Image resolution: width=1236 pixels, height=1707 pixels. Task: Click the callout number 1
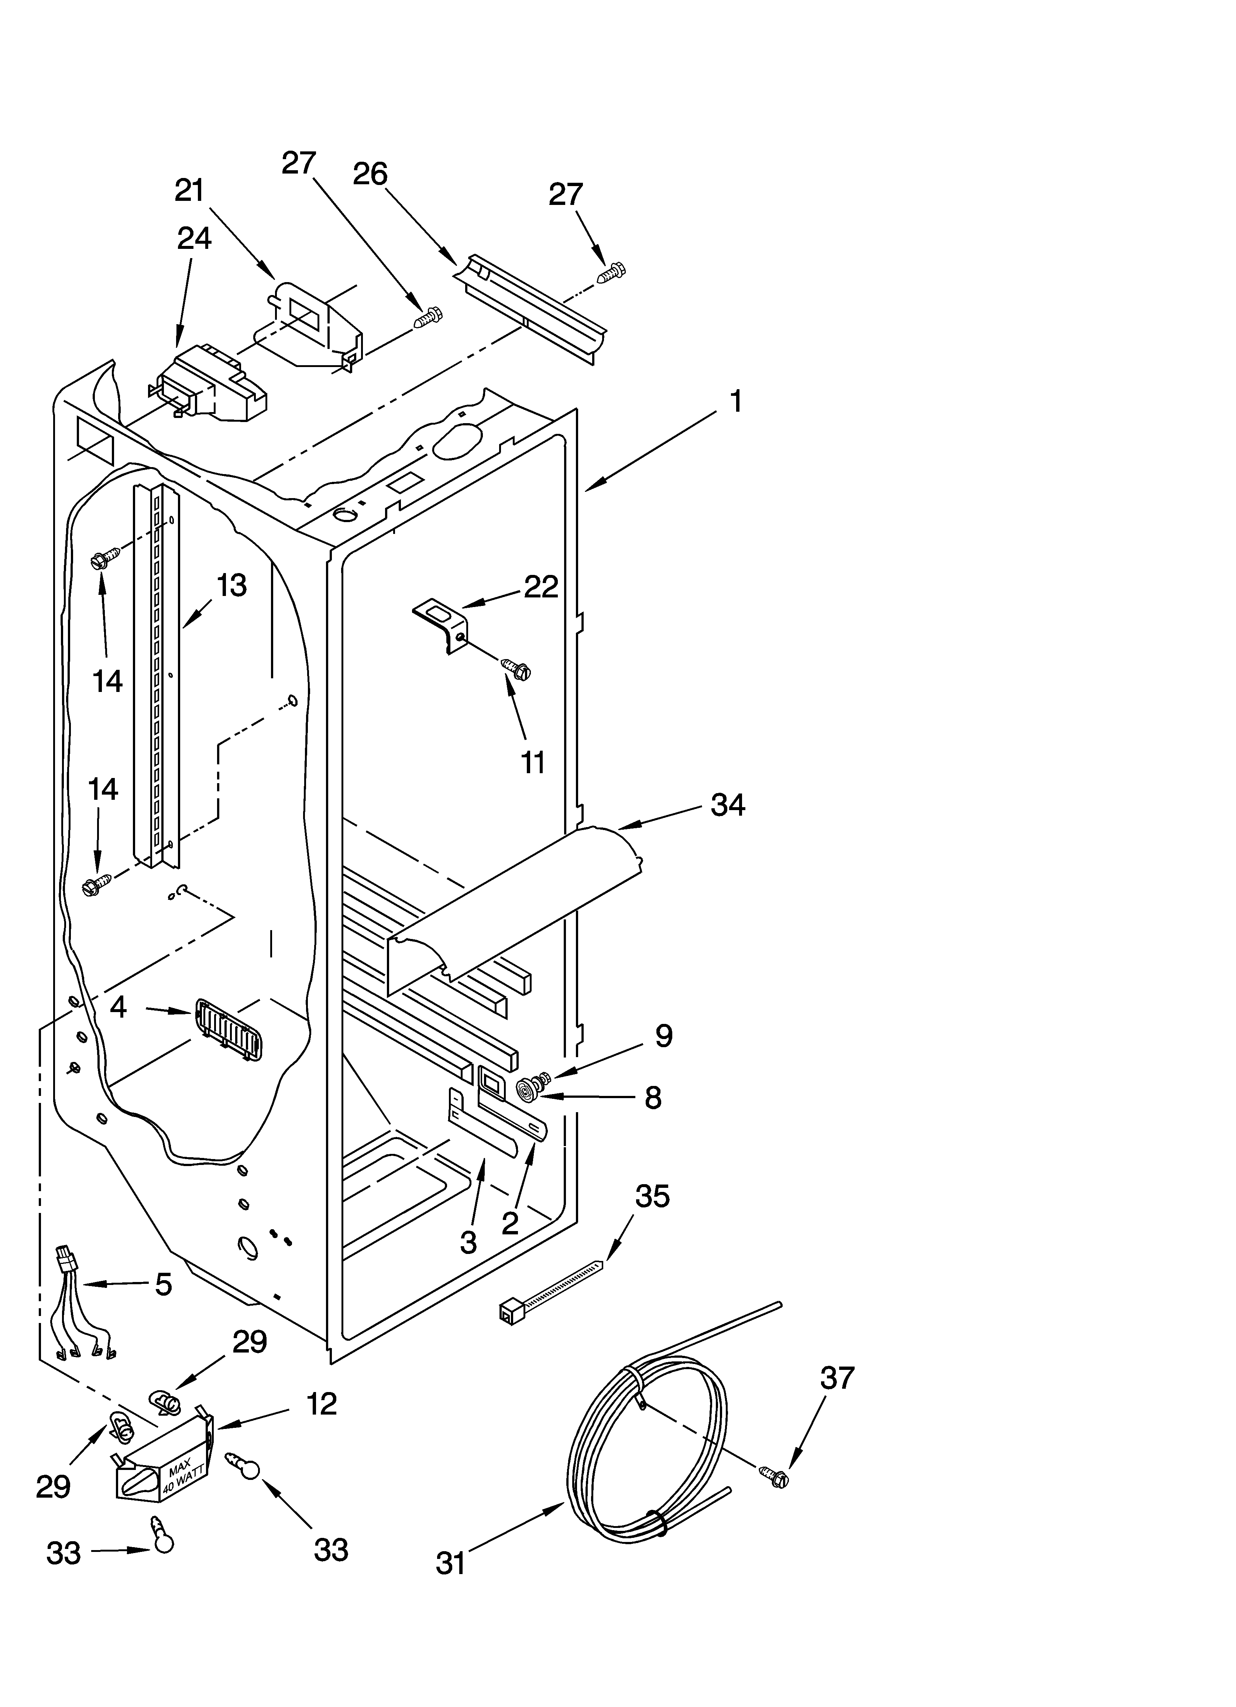pos(736,401)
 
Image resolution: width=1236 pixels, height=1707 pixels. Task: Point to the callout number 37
pos(837,1378)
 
